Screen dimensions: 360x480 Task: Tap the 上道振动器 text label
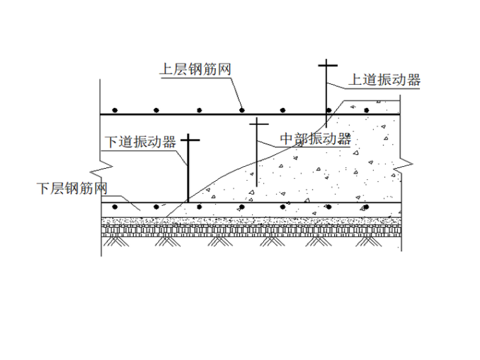(385, 80)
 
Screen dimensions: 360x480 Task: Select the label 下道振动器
(140, 141)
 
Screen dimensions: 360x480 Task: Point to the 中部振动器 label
(315, 139)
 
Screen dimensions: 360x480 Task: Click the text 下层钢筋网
(71, 188)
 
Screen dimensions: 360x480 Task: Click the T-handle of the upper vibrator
(327, 64)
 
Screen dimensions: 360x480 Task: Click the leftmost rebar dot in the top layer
(115, 110)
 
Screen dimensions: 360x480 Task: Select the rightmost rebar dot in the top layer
(366, 110)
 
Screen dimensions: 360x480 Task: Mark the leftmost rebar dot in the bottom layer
(115, 207)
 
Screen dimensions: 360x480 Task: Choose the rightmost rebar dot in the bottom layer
(366, 207)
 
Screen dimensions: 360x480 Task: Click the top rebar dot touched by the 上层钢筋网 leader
(242, 110)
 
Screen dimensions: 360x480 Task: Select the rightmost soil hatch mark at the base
(366, 241)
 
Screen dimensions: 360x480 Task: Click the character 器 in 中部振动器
(344, 139)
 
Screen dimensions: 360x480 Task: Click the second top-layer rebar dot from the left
(157, 110)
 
